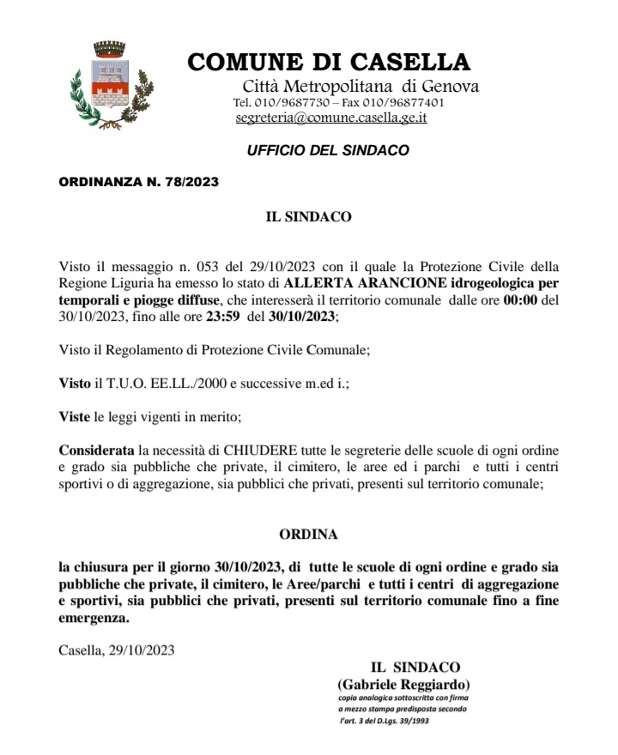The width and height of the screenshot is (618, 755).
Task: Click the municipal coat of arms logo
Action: click(x=110, y=85)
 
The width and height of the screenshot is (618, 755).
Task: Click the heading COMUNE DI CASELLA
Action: click(x=329, y=63)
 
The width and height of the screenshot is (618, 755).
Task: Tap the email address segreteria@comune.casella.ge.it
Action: click(x=330, y=118)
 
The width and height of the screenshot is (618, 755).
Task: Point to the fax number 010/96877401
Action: click(x=403, y=102)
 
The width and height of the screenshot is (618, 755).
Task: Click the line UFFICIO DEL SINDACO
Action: click(x=328, y=151)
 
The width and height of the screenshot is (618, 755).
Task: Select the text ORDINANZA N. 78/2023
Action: click(x=138, y=182)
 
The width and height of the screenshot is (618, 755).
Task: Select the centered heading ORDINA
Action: click(x=309, y=534)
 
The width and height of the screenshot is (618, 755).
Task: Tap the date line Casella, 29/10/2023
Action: click(x=117, y=649)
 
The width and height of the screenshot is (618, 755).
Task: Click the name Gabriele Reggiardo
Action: click(x=403, y=685)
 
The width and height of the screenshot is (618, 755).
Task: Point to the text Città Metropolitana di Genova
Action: click(x=360, y=86)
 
